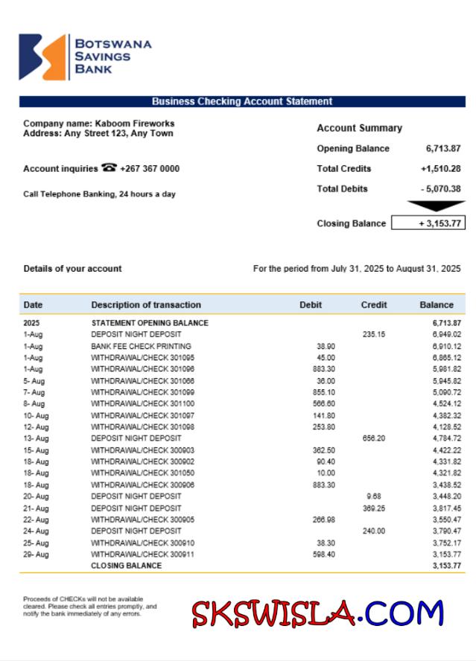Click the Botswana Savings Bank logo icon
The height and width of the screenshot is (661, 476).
[x=42, y=57]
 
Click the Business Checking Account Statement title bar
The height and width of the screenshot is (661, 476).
[x=242, y=101]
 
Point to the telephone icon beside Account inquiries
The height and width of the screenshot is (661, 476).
[x=109, y=168]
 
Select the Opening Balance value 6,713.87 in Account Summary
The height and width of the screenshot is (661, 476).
[x=443, y=149]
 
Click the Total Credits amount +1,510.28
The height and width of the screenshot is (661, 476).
[x=440, y=169]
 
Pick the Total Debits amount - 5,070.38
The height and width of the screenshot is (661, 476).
[x=440, y=189]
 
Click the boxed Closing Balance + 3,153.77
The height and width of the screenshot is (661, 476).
[x=428, y=223]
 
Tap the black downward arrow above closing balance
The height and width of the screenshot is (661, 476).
[x=436, y=206]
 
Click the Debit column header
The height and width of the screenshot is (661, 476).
[x=311, y=304]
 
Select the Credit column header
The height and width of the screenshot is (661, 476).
[x=374, y=304]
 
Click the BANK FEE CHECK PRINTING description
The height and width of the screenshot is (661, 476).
[x=141, y=346]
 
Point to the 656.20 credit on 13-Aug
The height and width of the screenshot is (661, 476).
[x=374, y=438]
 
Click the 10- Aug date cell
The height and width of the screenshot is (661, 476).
[x=36, y=415]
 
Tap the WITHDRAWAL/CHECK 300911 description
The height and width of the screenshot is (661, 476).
[x=133, y=554]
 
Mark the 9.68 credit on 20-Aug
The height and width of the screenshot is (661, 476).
[x=374, y=496]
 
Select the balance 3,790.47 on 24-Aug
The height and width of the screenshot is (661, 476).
[x=446, y=531]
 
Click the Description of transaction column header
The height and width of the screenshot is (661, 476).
[x=146, y=304]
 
